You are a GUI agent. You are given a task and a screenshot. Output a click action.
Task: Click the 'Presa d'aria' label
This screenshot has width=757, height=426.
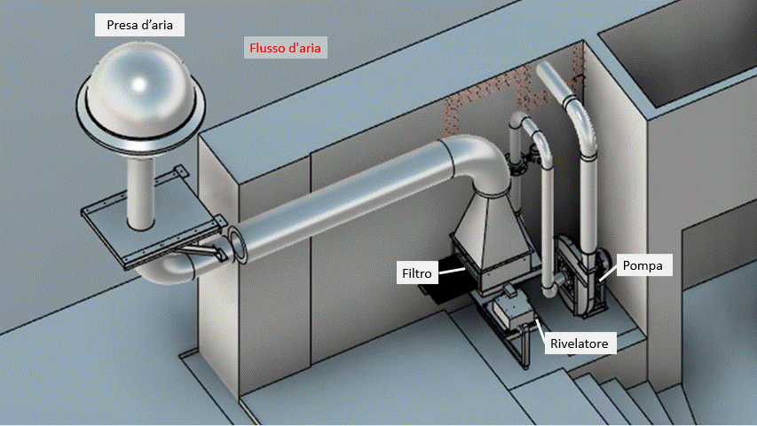pos(139,26)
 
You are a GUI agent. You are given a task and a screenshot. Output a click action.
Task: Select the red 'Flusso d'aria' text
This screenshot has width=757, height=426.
pos(285,47)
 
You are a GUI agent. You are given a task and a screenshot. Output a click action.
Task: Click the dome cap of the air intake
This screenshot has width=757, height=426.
pos(139,84)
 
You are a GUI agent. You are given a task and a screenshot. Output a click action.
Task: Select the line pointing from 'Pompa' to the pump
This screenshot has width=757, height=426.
pos(608,272)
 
